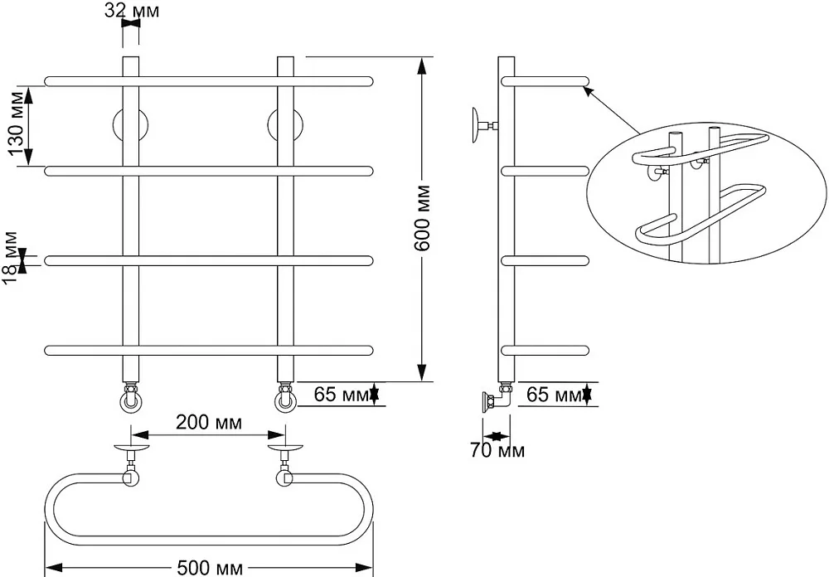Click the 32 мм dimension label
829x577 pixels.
pos(132,11)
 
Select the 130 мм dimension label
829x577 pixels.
pos(17,126)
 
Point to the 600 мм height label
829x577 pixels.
pos(422,218)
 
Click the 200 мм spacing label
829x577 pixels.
pos(209,423)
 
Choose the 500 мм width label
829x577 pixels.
pos(210,568)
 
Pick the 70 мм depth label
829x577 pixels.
pos(497,451)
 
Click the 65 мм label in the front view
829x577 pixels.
pos(342,395)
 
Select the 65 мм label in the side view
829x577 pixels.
pos(555,395)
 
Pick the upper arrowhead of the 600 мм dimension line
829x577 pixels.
pos(422,65)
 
